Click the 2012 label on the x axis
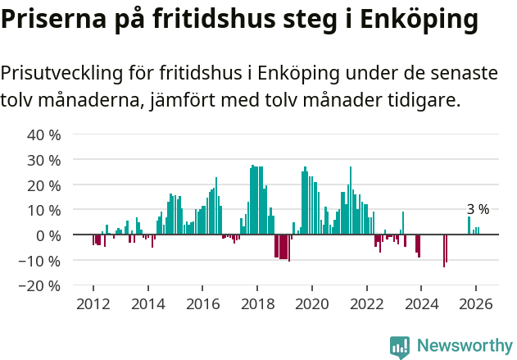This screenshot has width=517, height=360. coord(93,303)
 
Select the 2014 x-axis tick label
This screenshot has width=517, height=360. coord(148,303)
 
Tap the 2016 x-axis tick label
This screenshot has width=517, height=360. coord(202,303)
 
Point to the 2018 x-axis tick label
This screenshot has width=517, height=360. coord(257,303)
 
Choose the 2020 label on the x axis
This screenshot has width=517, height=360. coord(312,303)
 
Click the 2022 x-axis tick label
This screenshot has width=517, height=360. coord(366,303)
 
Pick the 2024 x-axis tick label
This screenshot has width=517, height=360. coord(421,303)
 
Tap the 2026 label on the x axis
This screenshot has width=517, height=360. coord(475,303)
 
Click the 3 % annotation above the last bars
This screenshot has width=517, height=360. coord(478,209)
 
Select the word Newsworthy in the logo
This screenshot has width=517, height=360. coord(465,346)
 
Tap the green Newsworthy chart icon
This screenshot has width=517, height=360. coord(400,347)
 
